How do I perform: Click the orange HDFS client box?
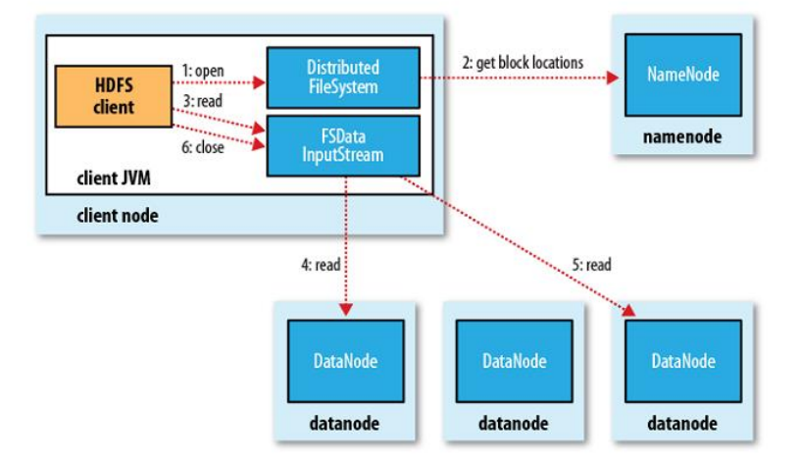point(113,96)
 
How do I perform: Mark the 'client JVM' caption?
point(115,180)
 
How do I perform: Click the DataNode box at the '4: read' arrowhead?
point(345,361)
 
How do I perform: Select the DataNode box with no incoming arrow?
point(514,361)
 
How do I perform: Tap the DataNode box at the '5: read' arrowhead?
point(682,361)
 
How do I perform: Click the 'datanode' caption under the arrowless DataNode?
point(513,424)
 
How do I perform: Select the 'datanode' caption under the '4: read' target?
point(345,424)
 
